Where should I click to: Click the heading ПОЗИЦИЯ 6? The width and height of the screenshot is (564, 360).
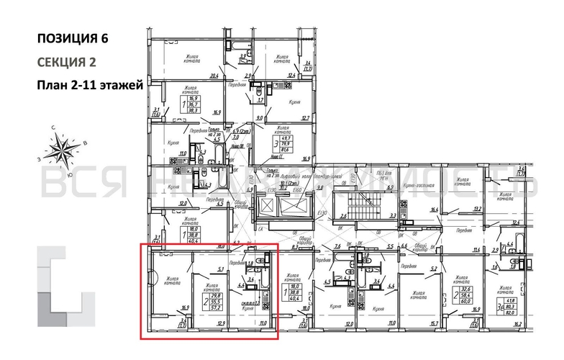pyautogui.click(x=75, y=37)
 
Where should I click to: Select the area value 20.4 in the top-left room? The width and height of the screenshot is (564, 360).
pyautogui.click(x=214, y=75)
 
